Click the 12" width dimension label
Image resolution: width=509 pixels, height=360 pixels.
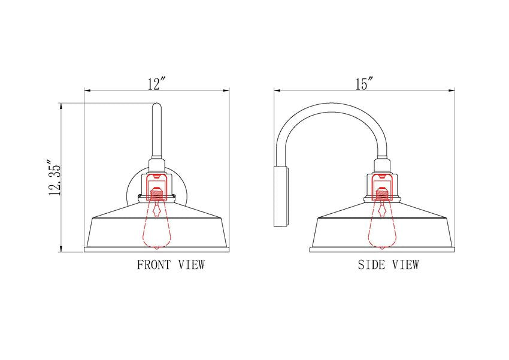click(x=157, y=83)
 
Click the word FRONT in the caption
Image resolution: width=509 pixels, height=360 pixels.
click(x=153, y=265)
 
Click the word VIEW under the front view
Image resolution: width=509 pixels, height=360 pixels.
click(x=192, y=265)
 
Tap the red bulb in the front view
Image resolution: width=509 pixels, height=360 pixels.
click(x=157, y=224)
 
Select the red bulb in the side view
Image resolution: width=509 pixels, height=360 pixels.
click(x=383, y=224)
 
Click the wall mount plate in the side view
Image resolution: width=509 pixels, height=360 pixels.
click(x=281, y=196)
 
